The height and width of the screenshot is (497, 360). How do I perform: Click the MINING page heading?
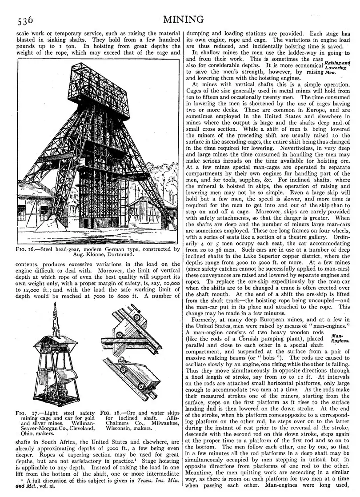pos(183,19)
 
